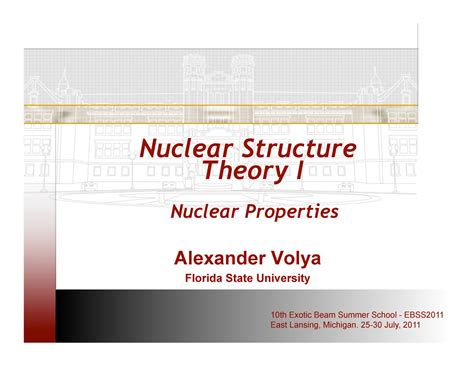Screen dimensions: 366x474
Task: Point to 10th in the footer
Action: (280, 315)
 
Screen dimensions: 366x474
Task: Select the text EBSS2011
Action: (421, 315)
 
